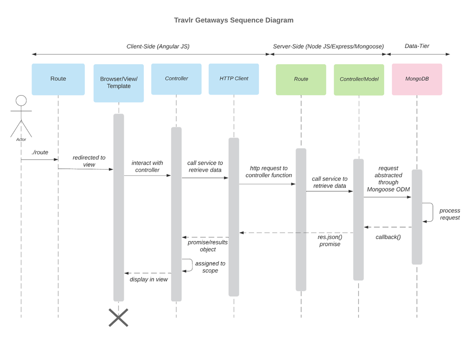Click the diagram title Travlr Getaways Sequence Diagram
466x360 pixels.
click(234, 21)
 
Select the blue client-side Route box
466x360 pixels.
click(58, 79)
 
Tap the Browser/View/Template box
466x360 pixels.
click(119, 83)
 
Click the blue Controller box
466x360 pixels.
click(176, 78)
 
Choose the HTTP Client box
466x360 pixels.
click(234, 78)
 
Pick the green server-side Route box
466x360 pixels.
click(301, 79)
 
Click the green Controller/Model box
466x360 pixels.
click(359, 79)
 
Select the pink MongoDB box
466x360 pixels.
click(417, 79)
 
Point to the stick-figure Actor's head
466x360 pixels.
click(21, 101)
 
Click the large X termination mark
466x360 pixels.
click(118, 317)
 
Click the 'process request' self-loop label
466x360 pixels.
click(449, 214)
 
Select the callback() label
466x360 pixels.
click(388, 237)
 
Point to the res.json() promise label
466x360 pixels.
click(330, 240)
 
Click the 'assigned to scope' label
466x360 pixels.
click(210, 267)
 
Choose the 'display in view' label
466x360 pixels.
click(149, 279)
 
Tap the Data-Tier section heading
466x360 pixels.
click(417, 46)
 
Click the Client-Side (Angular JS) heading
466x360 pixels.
click(158, 46)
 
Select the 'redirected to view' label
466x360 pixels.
click(89, 161)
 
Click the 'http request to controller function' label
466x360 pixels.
click(269, 172)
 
